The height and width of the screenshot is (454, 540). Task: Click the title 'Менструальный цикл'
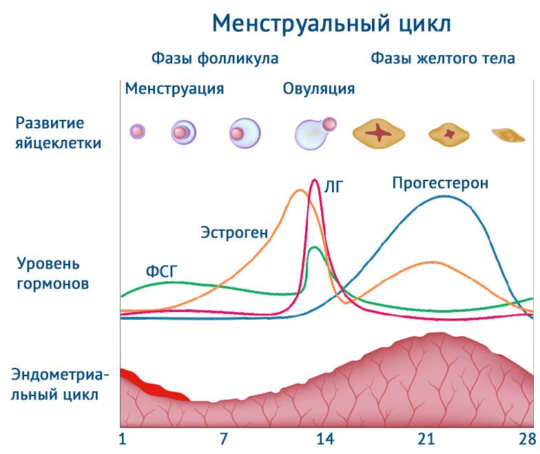point(331,24)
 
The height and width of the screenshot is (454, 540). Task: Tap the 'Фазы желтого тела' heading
point(443,59)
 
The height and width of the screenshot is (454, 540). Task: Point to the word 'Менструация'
point(174,89)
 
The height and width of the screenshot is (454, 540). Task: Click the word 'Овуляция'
point(319,89)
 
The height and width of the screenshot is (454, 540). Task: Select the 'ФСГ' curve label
point(162,271)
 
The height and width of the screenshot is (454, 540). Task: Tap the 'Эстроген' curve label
point(234,232)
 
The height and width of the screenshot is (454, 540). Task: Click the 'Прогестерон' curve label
point(440,183)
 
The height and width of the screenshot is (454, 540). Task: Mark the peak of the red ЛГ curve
point(315,180)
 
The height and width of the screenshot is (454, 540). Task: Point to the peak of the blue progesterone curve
point(442,196)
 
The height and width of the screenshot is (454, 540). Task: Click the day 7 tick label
point(223,439)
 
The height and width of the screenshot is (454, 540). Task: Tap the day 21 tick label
point(426,439)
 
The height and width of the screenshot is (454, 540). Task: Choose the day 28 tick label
point(527,439)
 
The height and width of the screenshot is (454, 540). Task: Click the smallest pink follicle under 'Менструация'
point(138,131)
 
